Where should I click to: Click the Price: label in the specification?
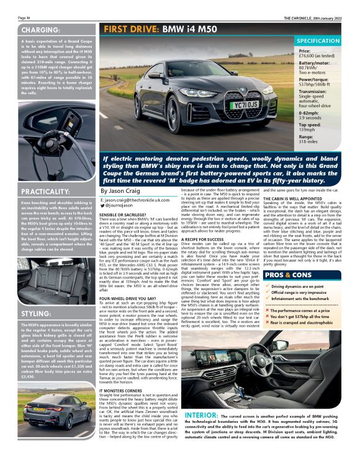305,51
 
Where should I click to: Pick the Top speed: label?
309,124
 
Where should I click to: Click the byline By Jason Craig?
120,192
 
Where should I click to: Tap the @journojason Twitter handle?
120,205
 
